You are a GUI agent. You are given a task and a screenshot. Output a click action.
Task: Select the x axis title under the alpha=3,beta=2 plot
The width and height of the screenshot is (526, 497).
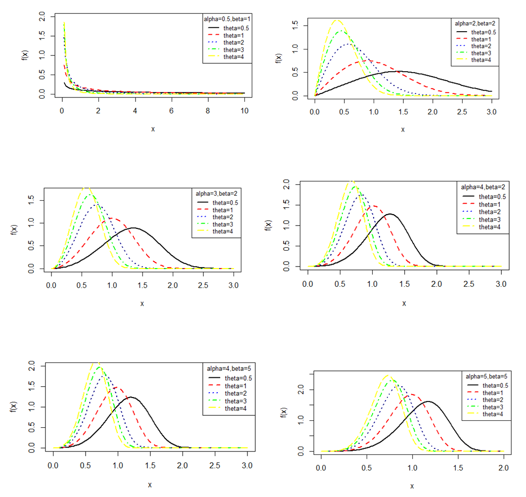[142, 303]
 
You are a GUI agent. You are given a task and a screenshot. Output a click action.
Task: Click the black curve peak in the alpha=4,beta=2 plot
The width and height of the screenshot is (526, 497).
[390, 214]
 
